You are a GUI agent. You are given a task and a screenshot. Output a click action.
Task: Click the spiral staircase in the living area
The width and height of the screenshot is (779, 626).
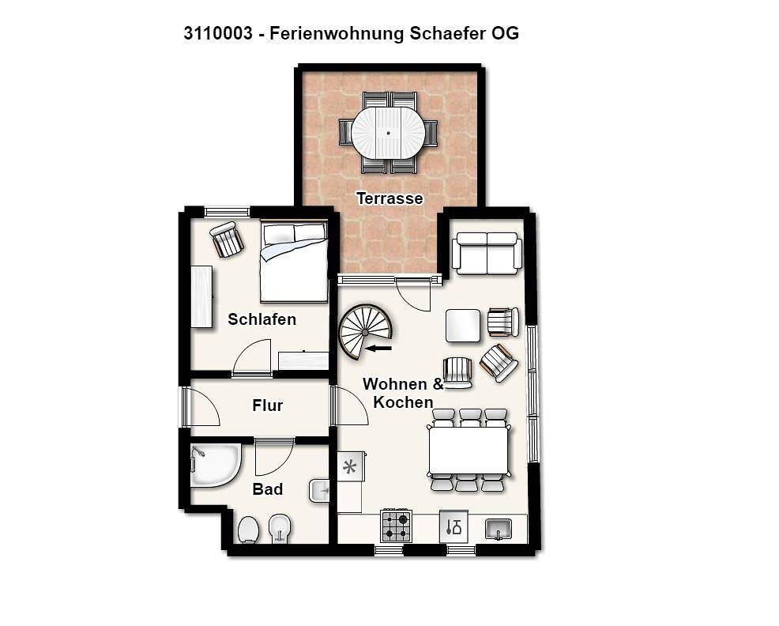tap(364, 331)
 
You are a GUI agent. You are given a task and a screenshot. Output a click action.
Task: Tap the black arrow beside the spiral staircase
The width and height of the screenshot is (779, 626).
tap(379, 348)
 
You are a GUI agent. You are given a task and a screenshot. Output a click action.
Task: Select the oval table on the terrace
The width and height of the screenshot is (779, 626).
tap(387, 133)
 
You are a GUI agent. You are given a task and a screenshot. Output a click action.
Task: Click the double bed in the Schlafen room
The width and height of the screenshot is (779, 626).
tap(294, 262)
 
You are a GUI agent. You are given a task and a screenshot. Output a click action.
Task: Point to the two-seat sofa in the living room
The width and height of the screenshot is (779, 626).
tap(487, 252)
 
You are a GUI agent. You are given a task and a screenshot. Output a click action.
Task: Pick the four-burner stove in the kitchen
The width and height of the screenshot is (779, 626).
tap(397, 526)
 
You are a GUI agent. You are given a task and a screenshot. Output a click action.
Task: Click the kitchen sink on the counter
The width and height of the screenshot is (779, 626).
tap(499, 527)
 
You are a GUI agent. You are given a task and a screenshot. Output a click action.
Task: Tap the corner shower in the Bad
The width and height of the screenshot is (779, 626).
tap(213, 465)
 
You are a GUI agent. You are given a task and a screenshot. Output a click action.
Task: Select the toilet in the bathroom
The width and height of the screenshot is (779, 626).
tap(248, 529)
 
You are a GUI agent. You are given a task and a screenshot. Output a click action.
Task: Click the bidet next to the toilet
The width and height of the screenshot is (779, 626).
tap(279, 527)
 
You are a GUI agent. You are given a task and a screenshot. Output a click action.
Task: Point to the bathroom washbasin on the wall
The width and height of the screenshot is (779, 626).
tap(320, 492)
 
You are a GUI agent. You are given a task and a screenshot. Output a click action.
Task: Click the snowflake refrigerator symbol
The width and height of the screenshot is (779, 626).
tap(349, 466)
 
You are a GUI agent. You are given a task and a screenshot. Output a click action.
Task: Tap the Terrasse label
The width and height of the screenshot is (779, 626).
tap(389, 198)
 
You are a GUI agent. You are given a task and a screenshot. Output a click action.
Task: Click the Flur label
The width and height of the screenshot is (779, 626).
tap(267, 405)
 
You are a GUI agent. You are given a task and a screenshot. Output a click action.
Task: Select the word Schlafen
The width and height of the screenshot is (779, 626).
tap(262, 319)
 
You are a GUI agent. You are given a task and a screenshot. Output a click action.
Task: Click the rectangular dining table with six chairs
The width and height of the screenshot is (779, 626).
tap(469, 450)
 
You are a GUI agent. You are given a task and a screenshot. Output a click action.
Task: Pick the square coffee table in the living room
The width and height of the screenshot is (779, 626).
tap(463, 326)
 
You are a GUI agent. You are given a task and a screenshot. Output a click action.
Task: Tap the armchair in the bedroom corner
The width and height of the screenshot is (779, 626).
tap(227, 239)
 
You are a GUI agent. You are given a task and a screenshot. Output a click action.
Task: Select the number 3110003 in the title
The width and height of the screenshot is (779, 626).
tap(218, 33)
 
